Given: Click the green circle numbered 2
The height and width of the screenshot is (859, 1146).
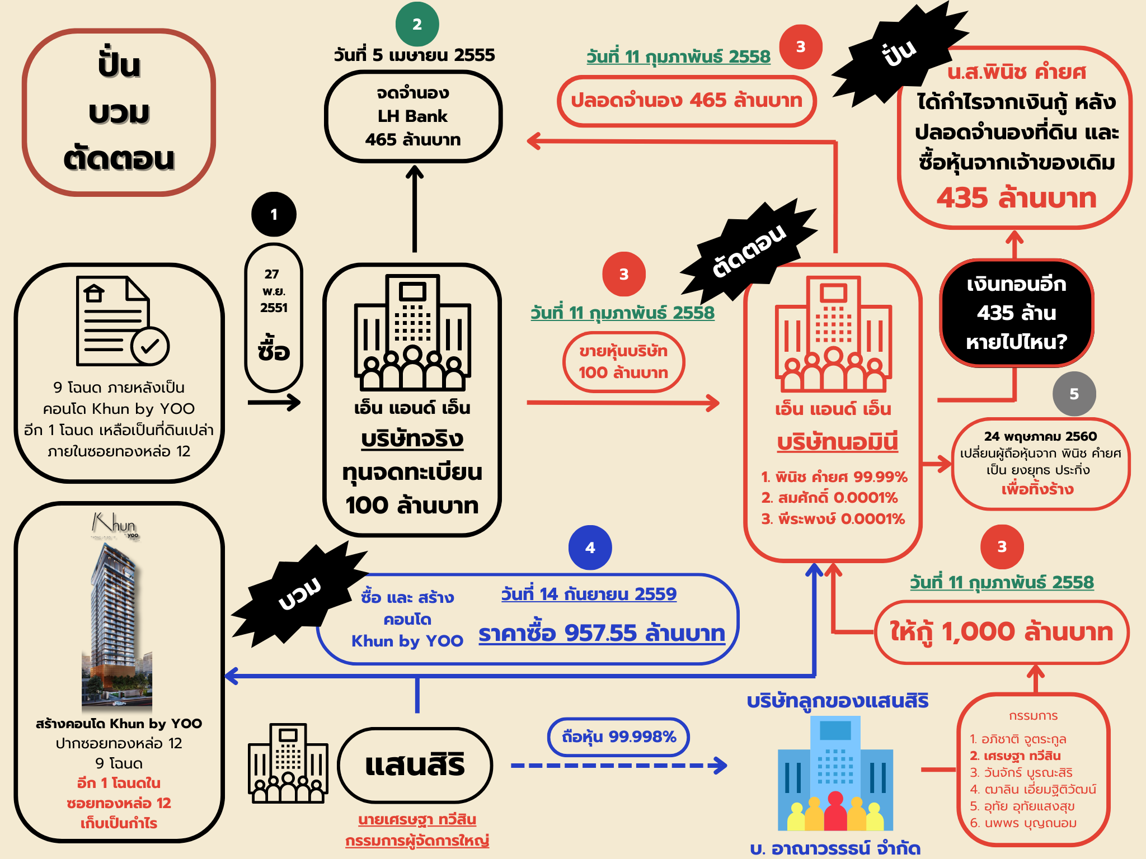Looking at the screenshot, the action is click(417, 24).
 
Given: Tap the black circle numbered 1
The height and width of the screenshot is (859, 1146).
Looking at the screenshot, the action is click(274, 214).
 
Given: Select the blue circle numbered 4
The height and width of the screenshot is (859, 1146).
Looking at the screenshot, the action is click(590, 548).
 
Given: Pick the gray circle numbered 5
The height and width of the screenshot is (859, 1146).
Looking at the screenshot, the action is click(1074, 394).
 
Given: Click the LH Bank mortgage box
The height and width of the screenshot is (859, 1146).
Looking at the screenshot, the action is click(413, 116).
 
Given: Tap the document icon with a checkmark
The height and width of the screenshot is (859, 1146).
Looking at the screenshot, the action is click(123, 320).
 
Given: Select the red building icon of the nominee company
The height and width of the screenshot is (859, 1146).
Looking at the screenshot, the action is click(833, 334).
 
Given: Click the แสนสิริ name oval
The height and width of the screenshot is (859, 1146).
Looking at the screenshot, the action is click(415, 765).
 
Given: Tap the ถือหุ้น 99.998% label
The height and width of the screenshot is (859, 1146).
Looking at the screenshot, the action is click(618, 737).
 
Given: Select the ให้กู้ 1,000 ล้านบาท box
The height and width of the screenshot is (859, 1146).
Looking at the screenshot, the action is click(1002, 632).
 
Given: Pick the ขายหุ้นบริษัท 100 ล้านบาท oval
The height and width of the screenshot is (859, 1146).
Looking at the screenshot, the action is click(623, 362).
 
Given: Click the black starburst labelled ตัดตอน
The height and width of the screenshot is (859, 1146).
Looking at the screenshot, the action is click(749, 251).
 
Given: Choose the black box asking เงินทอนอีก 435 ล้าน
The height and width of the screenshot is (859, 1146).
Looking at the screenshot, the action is click(1016, 313).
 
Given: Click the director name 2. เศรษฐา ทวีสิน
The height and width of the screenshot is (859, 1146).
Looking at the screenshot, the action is click(1015, 756).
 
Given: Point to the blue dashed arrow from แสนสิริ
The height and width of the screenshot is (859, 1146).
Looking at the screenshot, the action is click(619, 765).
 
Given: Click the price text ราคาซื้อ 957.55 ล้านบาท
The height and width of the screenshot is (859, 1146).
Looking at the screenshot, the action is click(602, 633).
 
